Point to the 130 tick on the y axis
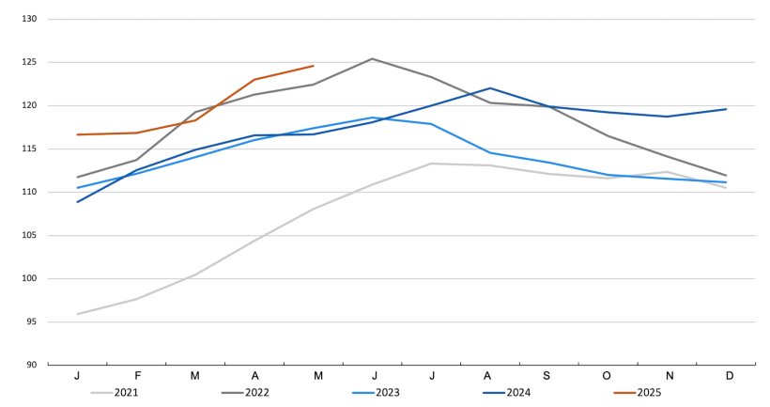[27, 19]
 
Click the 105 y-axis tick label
[27, 235]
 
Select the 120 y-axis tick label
[27, 105]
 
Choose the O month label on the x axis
[608, 376]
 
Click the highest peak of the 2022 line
[372, 58]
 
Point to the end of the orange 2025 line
[314, 66]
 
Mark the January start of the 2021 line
[77, 314]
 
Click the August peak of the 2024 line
[490, 88]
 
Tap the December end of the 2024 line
[726, 109]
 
